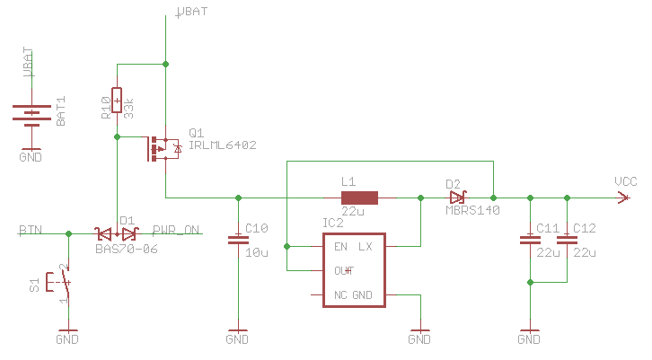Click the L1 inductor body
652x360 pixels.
pyautogui.click(x=359, y=198)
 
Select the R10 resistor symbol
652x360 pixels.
pyautogui.click(x=117, y=101)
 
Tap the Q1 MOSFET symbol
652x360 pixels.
pyautogui.click(x=163, y=148)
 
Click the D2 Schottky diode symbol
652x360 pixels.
pyautogui.click(x=458, y=198)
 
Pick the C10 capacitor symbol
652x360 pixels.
pyautogui.click(x=237, y=239)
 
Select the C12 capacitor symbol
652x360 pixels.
pyautogui.click(x=567, y=239)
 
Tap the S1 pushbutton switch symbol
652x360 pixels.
pyautogui.click(x=64, y=284)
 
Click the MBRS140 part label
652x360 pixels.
pyautogui.click(x=472, y=210)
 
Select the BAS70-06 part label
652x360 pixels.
pyautogui.click(x=126, y=247)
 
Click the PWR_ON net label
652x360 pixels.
pyautogui.click(x=176, y=230)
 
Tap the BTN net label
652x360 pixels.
pyautogui.click(x=31, y=230)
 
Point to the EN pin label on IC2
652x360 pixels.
pyautogui.click(x=340, y=246)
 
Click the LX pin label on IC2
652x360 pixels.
pyautogui.click(x=366, y=246)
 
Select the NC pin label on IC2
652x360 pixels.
pyautogui.click(x=340, y=295)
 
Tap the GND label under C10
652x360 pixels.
pyautogui.click(x=237, y=340)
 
